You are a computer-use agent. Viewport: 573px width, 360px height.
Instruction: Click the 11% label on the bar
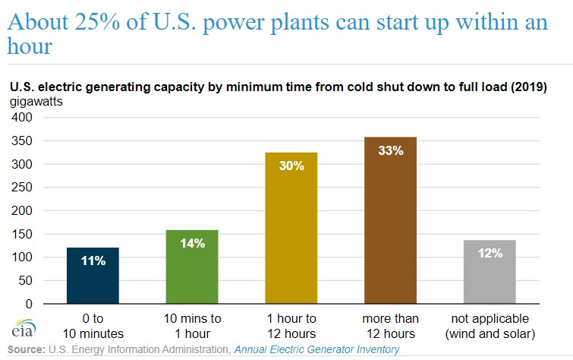pyautogui.click(x=92, y=261)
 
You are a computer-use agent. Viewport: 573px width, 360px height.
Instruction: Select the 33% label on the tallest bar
pyautogui.click(x=389, y=150)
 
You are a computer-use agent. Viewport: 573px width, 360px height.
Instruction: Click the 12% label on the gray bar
pyautogui.click(x=490, y=253)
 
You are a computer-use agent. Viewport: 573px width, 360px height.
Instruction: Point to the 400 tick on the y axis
pyautogui.click(x=22, y=118)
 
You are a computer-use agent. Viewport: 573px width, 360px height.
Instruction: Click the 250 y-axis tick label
pyautogui.click(x=22, y=188)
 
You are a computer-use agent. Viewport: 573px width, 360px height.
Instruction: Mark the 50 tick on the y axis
pyautogui.click(x=26, y=280)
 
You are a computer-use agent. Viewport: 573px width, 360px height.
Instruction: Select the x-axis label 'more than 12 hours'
pyautogui.click(x=389, y=326)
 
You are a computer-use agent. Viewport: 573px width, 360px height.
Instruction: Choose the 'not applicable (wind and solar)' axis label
pyautogui.click(x=490, y=326)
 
